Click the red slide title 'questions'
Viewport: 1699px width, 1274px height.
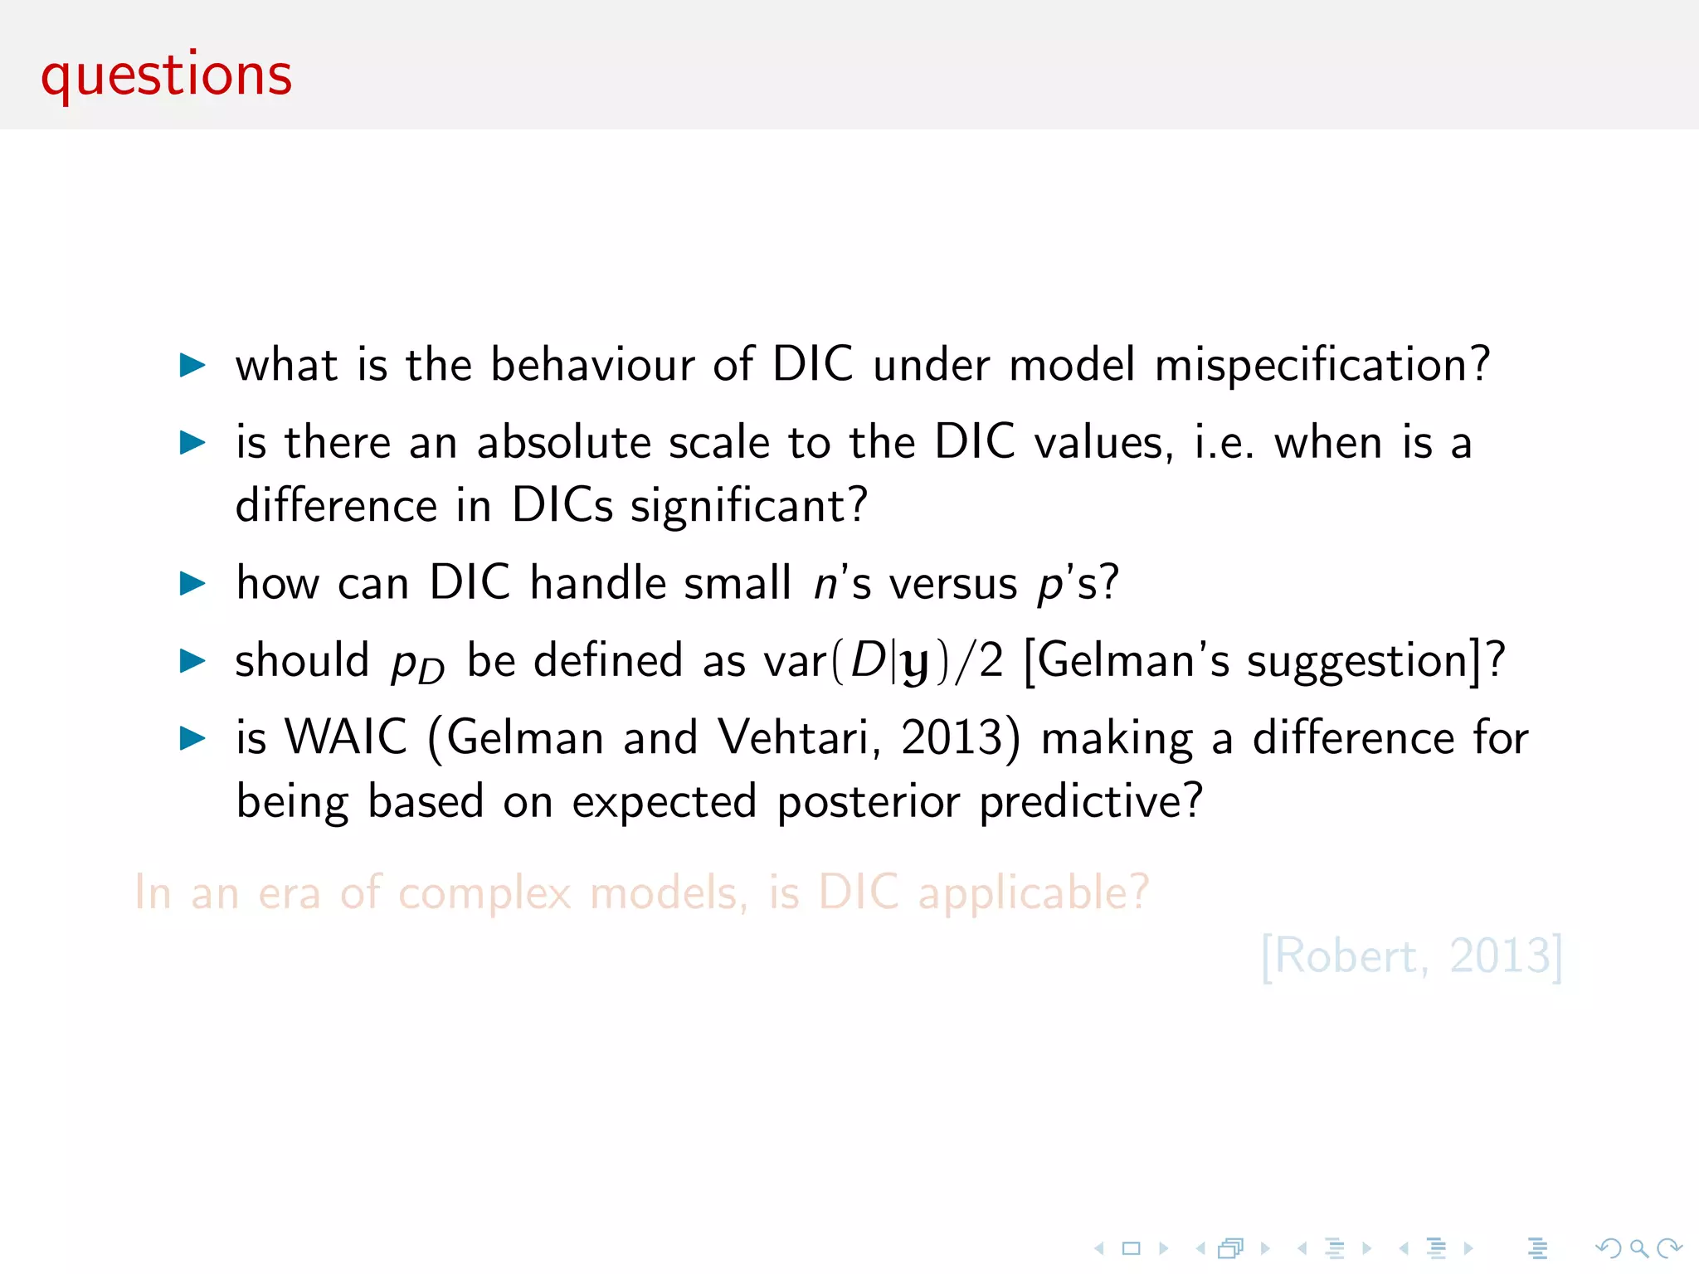pyautogui.click(x=166, y=75)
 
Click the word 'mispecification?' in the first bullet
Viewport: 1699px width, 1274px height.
pyautogui.click(x=1322, y=365)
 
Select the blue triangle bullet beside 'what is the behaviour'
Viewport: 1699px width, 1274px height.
pyautogui.click(x=192, y=365)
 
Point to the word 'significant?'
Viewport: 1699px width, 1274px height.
pyautogui.click(x=748, y=506)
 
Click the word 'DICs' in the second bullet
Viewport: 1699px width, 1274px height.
pyautogui.click(x=562, y=504)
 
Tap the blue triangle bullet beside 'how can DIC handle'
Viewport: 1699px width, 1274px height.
pyautogui.click(x=192, y=583)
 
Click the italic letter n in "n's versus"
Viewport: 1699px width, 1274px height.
pyautogui.click(x=825, y=583)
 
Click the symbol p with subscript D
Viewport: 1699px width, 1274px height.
pyautogui.click(x=417, y=662)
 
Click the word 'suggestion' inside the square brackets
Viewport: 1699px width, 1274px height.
pyautogui.click(x=1358, y=661)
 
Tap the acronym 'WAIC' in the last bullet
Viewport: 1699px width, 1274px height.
pyautogui.click(x=346, y=737)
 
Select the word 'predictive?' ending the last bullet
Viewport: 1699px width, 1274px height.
pyautogui.click(x=1090, y=801)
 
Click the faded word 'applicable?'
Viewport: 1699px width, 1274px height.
pyautogui.click(x=1033, y=893)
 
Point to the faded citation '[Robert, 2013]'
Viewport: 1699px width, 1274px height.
pyautogui.click(x=1411, y=956)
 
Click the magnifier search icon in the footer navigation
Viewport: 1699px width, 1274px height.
pyautogui.click(x=1638, y=1248)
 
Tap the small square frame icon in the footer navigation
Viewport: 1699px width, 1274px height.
pyautogui.click(x=1131, y=1248)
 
